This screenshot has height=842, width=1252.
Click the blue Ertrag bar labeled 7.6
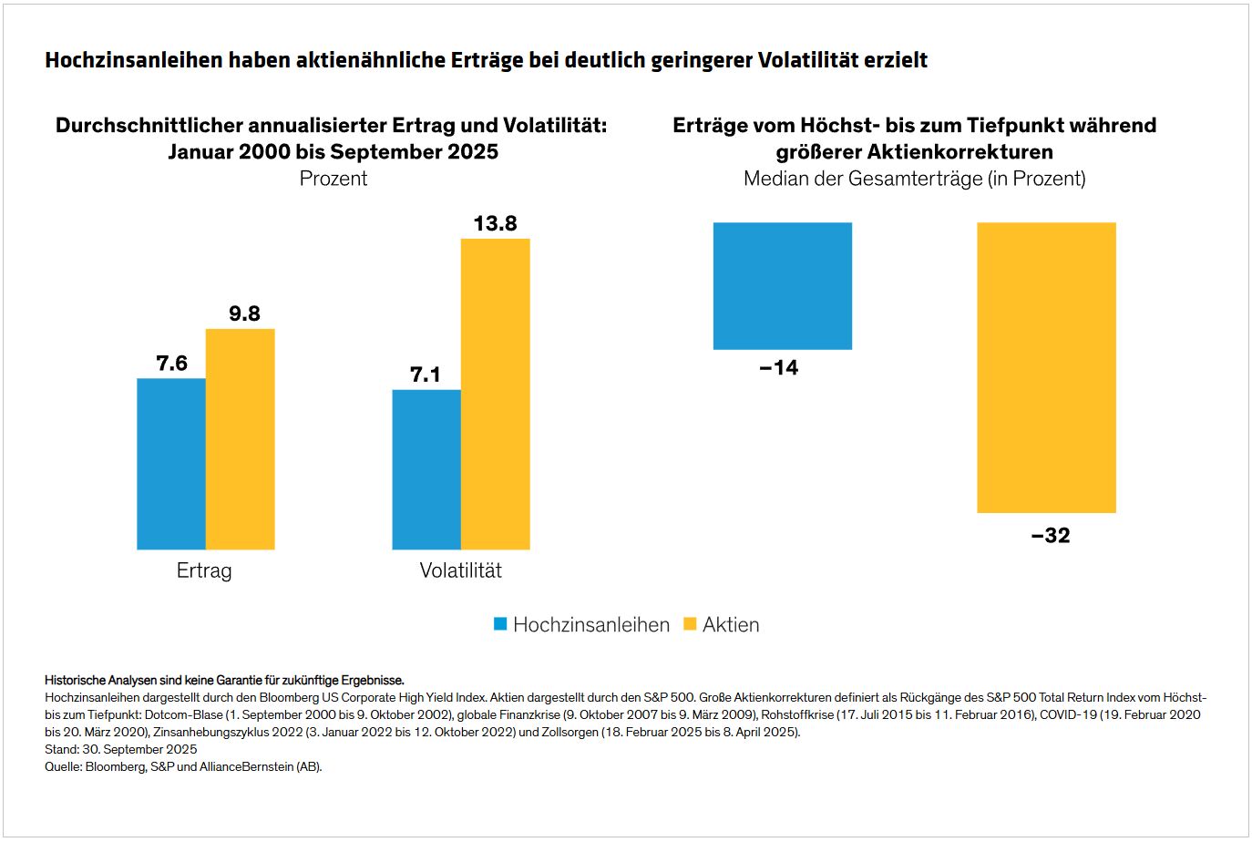pos(171,464)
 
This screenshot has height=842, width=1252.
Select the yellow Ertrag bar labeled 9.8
pos(241,439)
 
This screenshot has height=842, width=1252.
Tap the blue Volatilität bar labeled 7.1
pos(426,469)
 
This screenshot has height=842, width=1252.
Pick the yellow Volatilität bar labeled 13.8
pos(496,394)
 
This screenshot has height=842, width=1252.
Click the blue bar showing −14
pos(783,285)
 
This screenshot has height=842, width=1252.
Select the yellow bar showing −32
pos(1046,367)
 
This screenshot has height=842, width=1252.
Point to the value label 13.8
pos(496,223)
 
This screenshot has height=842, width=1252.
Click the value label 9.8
pos(244,313)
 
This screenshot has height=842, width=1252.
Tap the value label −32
pos(1051,535)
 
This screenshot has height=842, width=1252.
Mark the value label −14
pos(779,367)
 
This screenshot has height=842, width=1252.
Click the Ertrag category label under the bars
pos(204,570)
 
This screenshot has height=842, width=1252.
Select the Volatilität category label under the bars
pos(460,570)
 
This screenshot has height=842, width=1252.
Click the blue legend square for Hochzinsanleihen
pos(500,624)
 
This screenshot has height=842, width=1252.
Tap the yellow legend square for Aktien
pos(690,624)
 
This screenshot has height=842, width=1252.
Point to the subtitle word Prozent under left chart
pos(334,179)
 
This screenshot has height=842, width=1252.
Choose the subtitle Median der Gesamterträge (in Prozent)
pos(914,179)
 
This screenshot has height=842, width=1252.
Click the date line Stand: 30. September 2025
pos(121,749)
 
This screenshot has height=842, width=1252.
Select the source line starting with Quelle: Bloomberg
pos(183,766)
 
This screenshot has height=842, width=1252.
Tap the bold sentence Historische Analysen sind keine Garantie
pos(224,680)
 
